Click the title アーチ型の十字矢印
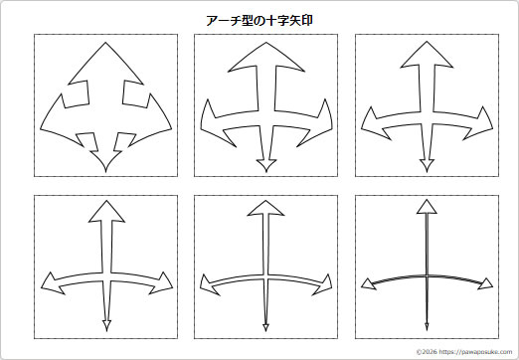click(x=259, y=19)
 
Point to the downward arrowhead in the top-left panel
click(x=101, y=159)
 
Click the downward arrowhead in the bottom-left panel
click(x=104, y=322)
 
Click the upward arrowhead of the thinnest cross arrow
click(x=426, y=207)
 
